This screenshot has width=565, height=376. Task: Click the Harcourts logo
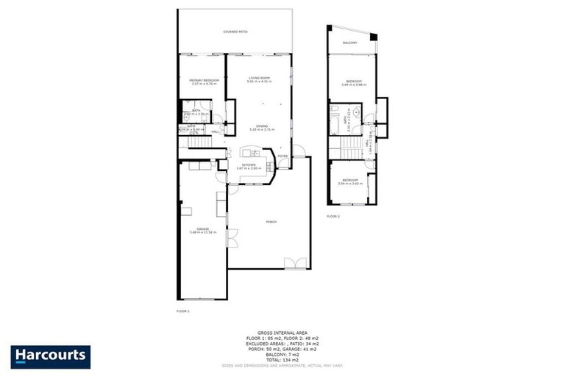click(51, 357)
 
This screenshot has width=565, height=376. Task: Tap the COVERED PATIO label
click(235, 32)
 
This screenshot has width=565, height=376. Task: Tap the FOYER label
click(282, 156)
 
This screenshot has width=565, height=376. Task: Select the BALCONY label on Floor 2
click(349, 44)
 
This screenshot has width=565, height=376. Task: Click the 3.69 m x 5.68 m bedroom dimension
click(353, 85)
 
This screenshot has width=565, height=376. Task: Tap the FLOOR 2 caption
click(334, 217)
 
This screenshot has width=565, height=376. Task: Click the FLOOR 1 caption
click(183, 311)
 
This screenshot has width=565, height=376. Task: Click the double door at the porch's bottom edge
click(295, 263)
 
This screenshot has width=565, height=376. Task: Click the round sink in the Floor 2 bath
click(355, 114)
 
